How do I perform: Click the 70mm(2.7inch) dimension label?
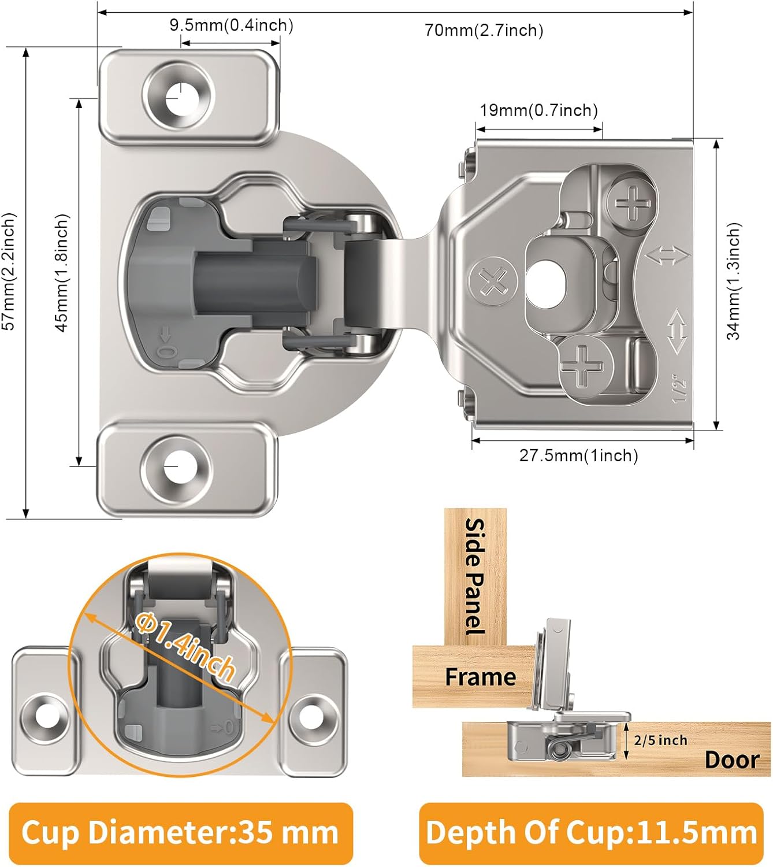pyautogui.click(x=484, y=30)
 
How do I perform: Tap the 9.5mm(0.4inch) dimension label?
pyautogui.click(x=231, y=25)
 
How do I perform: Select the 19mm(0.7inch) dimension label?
pyautogui.click(x=538, y=110)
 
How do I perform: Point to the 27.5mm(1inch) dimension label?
pyautogui.click(x=578, y=455)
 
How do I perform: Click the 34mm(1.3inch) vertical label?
pyautogui.click(x=733, y=281)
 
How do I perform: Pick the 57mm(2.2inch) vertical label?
pyautogui.click(x=9, y=272)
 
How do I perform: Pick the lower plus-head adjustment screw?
pyautogui.click(x=583, y=365)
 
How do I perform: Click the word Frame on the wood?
pyautogui.click(x=480, y=676)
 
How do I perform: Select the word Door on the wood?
pyautogui.click(x=731, y=759)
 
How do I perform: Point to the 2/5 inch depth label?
pyautogui.click(x=660, y=740)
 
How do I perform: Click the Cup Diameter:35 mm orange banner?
pyautogui.click(x=180, y=833)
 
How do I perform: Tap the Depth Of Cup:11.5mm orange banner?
pyautogui.click(x=591, y=833)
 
